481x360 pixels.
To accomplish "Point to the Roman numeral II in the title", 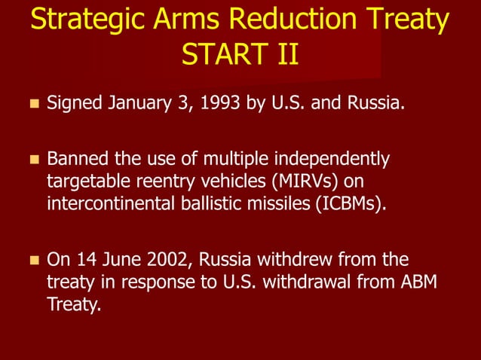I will click(x=284, y=55).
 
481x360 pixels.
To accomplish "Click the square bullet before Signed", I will click(x=32, y=102).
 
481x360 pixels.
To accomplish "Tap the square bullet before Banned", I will click(x=32, y=160).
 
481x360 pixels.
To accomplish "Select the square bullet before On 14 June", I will click(x=32, y=261).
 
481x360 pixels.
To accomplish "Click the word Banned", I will click(x=79, y=160).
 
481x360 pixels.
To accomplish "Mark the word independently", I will click(x=331, y=160).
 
